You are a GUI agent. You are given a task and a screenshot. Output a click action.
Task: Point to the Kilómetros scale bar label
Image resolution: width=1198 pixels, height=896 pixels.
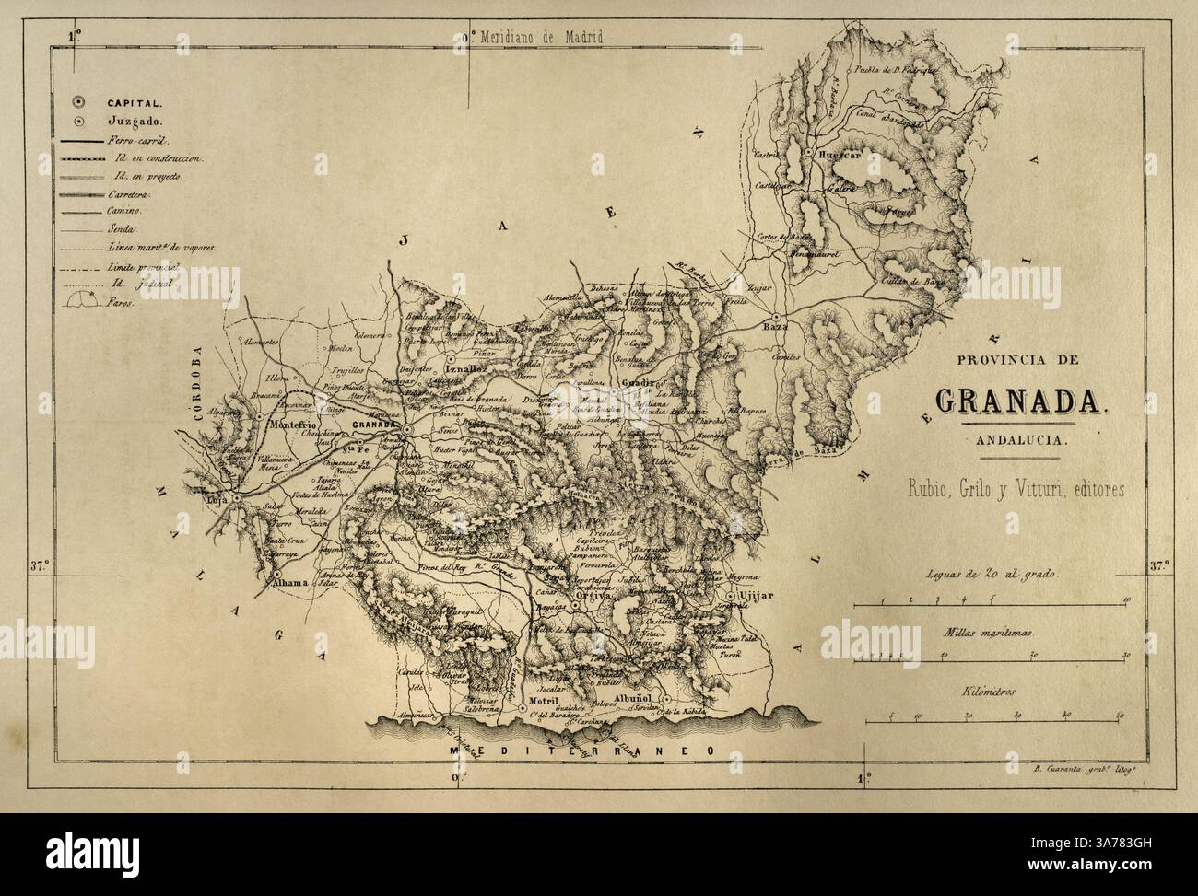point(991,689)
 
